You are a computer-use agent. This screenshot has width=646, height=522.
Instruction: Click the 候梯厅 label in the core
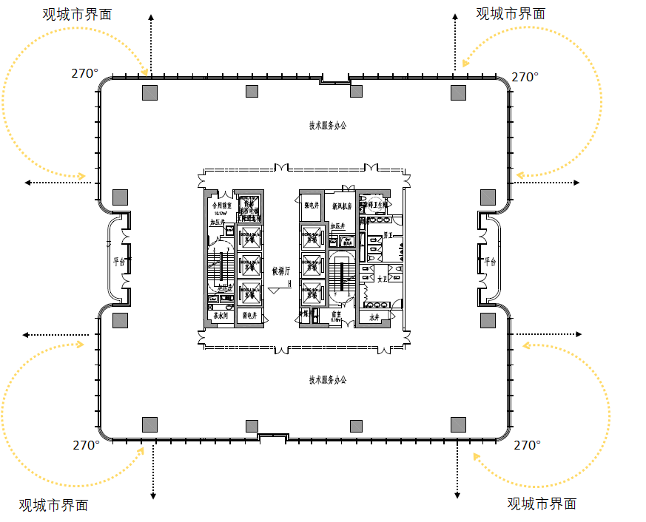[x=281, y=271]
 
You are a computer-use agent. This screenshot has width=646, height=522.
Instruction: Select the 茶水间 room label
[x=220, y=316]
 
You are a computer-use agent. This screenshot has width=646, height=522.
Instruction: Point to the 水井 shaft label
[x=373, y=316]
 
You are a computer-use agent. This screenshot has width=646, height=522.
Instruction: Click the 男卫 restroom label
[x=387, y=235]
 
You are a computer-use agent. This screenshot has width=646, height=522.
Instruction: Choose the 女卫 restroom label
[x=382, y=279]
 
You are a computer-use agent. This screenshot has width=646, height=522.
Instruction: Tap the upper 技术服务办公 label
[x=328, y=126]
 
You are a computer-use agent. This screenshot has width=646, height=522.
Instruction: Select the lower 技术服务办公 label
[x=328, y=380]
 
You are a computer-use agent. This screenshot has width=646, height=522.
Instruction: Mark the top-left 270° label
[x=84, y=73]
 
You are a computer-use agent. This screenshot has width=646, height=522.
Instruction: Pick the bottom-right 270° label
[x=527, y=445]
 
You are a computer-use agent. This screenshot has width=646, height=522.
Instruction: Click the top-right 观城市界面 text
[x=511, y=13]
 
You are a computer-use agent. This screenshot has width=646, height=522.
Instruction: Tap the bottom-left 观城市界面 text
[x=53, y=505]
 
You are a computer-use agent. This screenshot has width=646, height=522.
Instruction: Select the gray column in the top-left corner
[x=149, y=92]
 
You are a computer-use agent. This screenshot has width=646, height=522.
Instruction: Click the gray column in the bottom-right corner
[x=458, y=424]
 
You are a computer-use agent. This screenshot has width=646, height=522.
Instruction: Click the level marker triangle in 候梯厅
[x=274, y=291]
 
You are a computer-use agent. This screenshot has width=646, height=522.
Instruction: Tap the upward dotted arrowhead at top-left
[x=152, y=18]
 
